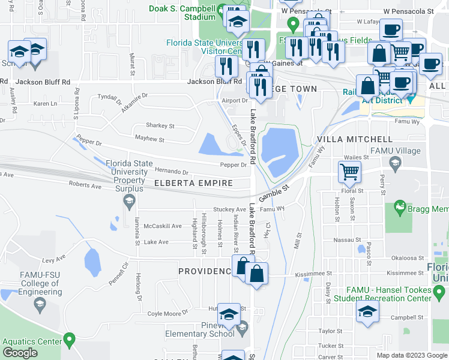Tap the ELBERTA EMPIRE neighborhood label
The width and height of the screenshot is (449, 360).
(x=193, y=183)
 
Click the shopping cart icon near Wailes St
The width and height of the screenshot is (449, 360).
(x=349, y=172)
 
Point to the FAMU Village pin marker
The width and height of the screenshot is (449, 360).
(x=395, y=162)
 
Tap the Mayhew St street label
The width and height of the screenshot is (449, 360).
(x=149, y=139)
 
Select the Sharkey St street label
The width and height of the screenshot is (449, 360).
(x=160, y=126)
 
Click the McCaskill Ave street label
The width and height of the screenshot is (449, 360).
(x=162, y=226)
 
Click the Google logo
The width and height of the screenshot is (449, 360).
(x=20, y=353)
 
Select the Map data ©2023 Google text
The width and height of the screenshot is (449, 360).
(x=412, y=355)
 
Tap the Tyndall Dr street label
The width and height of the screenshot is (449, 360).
(x=109, y=97)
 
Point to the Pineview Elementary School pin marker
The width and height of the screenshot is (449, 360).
(x=242, y=328)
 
